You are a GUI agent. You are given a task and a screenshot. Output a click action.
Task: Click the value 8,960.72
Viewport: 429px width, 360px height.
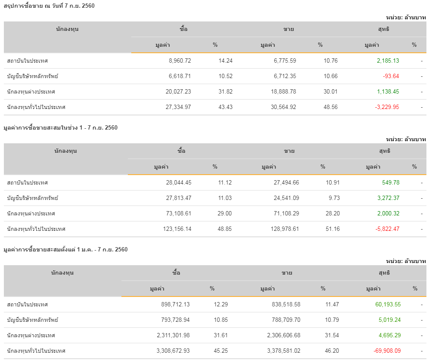180,61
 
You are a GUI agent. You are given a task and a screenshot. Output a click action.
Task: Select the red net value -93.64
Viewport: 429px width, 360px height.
391,76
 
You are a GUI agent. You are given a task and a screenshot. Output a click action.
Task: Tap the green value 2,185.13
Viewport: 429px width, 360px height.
388,61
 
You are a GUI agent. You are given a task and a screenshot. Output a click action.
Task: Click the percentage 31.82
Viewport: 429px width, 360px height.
225,92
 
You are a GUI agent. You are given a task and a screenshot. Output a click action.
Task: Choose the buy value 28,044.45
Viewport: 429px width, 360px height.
179,183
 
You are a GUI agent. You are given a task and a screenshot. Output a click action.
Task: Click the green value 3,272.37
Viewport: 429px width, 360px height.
388,198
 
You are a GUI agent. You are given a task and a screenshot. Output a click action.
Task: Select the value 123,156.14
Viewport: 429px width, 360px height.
177,229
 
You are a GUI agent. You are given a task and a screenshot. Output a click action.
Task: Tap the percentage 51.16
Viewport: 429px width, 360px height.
332,229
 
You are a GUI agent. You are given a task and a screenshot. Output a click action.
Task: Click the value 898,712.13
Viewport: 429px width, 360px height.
174,305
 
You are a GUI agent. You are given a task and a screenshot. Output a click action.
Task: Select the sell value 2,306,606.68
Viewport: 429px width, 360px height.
278,336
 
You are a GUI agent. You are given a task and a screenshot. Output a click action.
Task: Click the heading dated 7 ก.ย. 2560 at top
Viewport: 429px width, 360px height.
49,6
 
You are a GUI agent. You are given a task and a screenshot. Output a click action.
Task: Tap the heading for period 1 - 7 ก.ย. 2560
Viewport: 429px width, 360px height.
60,127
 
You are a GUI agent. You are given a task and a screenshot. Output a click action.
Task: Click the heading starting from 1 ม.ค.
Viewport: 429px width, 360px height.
65,249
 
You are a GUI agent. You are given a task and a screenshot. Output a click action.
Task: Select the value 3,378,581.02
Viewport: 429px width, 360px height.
278,351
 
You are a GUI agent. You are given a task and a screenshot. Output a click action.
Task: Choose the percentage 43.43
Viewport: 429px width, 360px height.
225,107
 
